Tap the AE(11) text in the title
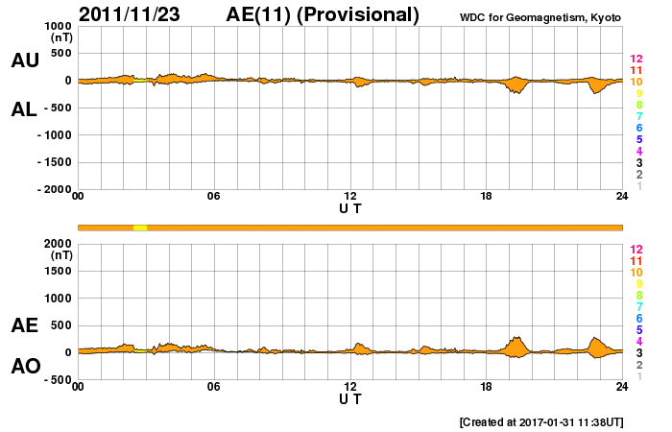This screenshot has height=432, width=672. pos(265,14)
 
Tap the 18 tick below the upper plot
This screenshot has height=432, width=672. pos(486,196)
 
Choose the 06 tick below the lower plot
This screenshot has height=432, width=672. pos(214,387)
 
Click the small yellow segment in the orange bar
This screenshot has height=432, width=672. pos(140,227)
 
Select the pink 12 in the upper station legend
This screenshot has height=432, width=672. pos(636,59)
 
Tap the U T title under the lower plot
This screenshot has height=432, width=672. pos(350,397)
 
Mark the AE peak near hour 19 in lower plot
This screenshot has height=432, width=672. pos(518,338)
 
